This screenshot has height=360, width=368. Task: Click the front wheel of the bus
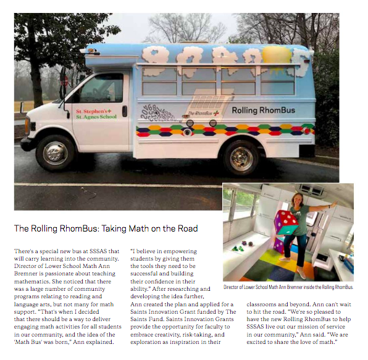56,153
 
